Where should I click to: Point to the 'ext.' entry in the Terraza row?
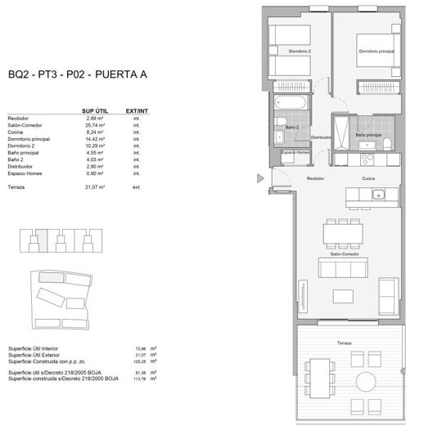point(137,187)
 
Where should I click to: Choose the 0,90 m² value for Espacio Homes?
point(97,173)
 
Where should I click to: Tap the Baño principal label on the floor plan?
point(368,134)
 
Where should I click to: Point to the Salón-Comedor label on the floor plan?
point(345,254)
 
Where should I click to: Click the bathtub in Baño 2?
point(291,104)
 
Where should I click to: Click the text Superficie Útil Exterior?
point(37,354)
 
